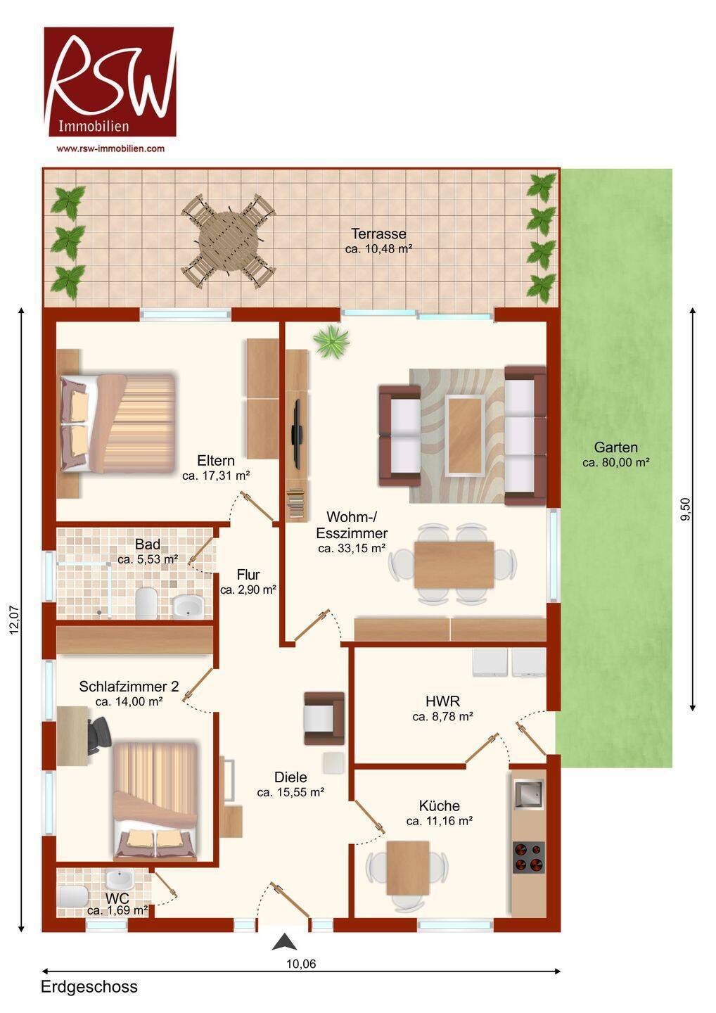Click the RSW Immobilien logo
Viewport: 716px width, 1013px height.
(110, 82)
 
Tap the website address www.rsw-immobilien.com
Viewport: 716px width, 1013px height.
(110, 148)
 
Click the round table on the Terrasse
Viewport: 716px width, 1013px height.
(229, 240)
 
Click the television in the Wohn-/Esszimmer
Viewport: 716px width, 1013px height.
(297, 433)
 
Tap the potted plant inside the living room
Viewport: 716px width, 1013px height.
(332, 342)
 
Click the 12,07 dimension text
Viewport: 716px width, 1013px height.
(15, 620)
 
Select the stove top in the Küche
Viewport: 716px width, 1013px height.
(528, 858)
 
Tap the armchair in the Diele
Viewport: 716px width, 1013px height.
(324, 718)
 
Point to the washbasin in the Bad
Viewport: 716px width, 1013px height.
(188, 606)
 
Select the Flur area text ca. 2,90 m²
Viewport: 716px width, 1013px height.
(248, 590)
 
